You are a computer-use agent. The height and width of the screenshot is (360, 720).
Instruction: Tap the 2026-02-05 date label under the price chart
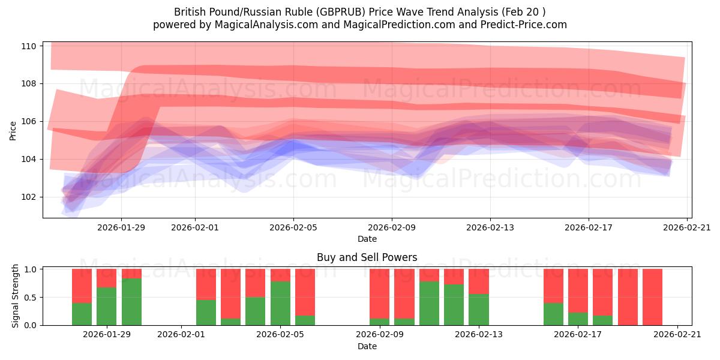point(293,227)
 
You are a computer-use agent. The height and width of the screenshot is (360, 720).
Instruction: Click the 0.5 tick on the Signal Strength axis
point(29,298)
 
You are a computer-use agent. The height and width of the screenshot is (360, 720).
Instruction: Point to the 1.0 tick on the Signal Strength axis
point(29,269)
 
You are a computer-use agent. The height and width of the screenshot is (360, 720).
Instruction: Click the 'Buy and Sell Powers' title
point(367,257)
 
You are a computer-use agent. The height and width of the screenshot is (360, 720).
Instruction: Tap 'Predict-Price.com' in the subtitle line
point(517,25)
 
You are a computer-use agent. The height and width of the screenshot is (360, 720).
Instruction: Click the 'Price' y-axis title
point(13,130)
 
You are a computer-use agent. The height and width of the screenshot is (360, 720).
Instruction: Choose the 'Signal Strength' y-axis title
point(16,296)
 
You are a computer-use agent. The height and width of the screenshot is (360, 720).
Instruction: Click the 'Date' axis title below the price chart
point(367,239)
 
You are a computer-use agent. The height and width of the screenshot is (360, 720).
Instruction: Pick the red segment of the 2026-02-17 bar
point(578,290)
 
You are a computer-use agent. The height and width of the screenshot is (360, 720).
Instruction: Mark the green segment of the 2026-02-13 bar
point(479,310)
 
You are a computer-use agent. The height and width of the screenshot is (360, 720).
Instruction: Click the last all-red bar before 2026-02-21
point(652,297)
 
